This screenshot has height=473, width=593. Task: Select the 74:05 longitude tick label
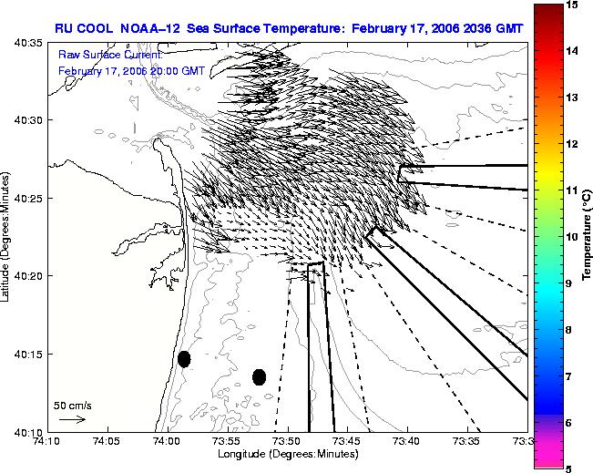[107, 441]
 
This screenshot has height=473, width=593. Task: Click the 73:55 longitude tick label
[228, 441]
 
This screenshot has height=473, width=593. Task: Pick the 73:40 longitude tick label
[408, 441]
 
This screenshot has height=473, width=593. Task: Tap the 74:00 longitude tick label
[168, 441]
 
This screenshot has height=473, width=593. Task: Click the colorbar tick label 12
[572, 144]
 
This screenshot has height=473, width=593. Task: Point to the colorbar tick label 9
[568, 283]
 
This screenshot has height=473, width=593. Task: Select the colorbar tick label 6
[568, 423]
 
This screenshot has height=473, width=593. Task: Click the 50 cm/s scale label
[73, 406]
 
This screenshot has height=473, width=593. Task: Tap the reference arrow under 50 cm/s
[72, 419]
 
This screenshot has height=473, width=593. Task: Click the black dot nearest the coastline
[184, 359]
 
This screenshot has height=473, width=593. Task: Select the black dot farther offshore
[259, 377]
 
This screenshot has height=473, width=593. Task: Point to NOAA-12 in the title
[150, 29]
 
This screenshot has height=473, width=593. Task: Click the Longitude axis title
[288, 454]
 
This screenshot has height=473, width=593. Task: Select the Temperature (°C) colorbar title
[587, 235]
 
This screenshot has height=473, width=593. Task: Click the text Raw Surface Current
[110, 55]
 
